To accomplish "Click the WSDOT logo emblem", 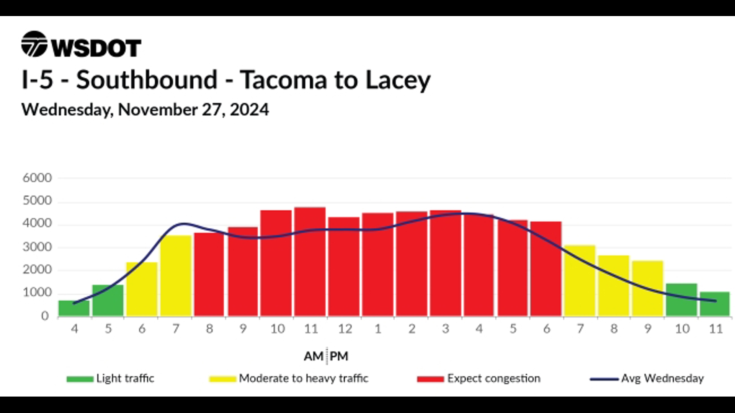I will point(34,44).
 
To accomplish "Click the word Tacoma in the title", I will point(284,80).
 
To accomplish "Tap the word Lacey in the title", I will point(398,81).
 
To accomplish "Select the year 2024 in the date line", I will point(249,110).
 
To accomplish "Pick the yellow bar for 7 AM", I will point(176,276).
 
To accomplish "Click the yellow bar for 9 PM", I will point(648,288).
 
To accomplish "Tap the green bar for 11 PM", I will point(715,304).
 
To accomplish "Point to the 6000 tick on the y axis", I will point(37,178).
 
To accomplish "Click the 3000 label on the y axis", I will point(37,247).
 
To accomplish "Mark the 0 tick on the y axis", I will point(45,316).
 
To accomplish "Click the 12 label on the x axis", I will point(345,328).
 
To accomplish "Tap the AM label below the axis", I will point(314,356).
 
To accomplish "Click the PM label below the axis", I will point(339,356).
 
